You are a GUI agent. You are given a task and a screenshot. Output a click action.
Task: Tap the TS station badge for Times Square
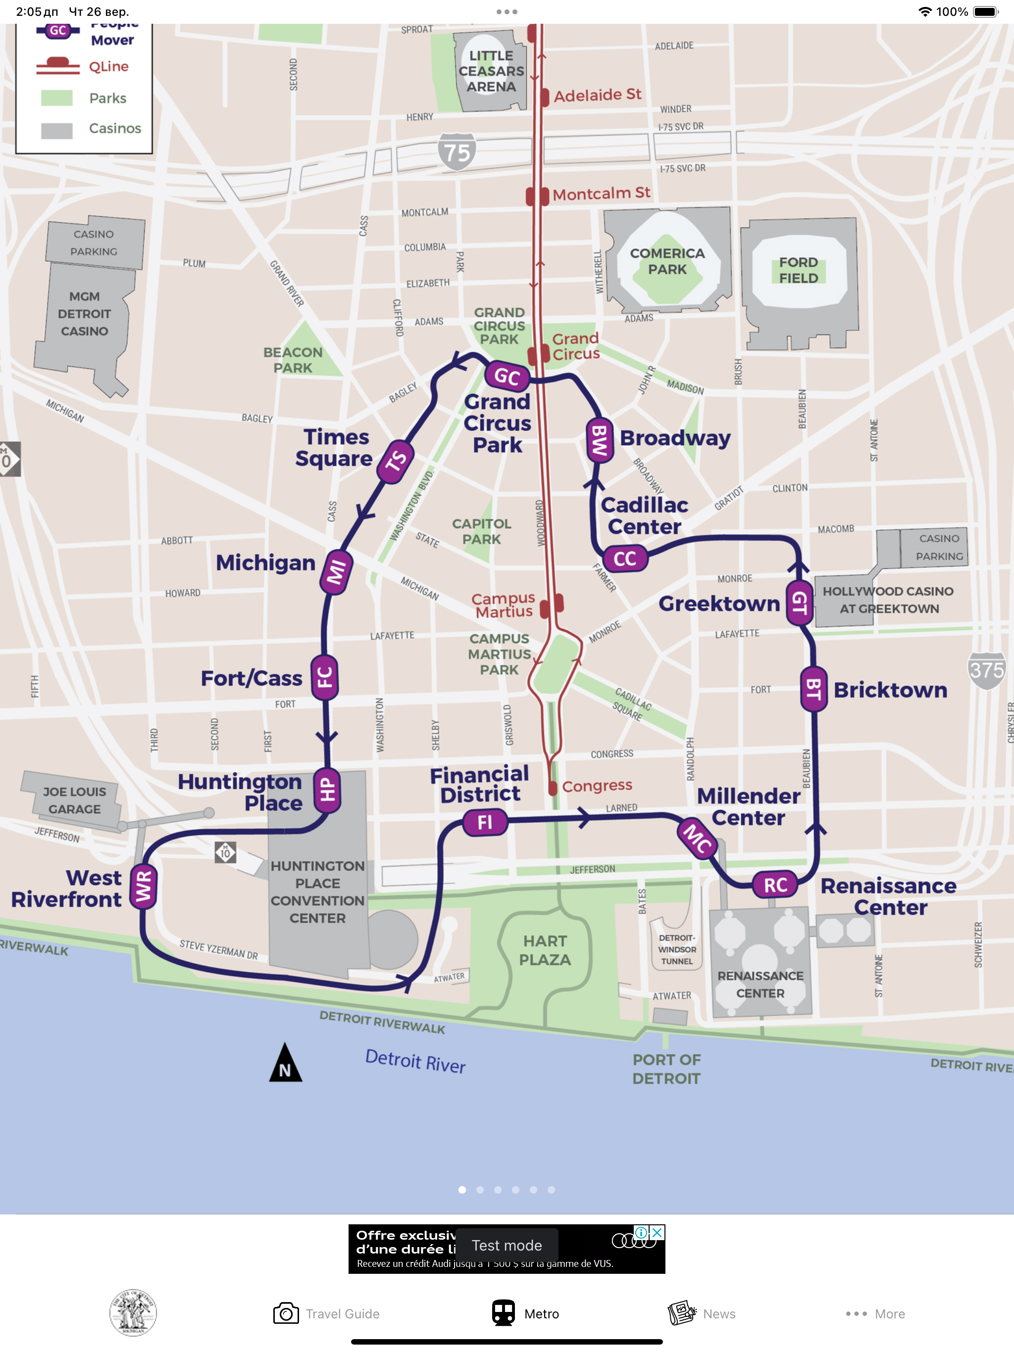[x=396, y=461]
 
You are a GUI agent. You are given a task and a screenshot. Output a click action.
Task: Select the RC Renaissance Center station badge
[x=775, y=884]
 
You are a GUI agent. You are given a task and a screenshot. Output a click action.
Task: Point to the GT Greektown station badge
[x=799, y=603]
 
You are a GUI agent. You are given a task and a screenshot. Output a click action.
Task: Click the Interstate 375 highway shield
[x=986, y=670]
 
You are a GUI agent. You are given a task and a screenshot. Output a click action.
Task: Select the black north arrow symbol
[x=285, y=1064]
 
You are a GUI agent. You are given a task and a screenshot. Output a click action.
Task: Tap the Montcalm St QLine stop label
[x=601, y=194]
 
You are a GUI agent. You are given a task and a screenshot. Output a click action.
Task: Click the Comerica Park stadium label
[x=667, y=261]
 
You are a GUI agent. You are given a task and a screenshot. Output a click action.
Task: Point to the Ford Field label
[x=798, y=270]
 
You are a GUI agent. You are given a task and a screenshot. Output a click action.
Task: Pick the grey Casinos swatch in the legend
[x=57, y=130]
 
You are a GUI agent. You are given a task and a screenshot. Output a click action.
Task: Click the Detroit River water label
[x=415, y=1060]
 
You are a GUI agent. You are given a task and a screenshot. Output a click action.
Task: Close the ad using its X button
[x=657, y=1232]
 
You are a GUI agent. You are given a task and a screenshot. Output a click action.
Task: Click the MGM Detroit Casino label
[x=84, y=314]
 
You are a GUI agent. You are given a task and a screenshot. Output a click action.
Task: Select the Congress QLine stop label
[x=596, y=785]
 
